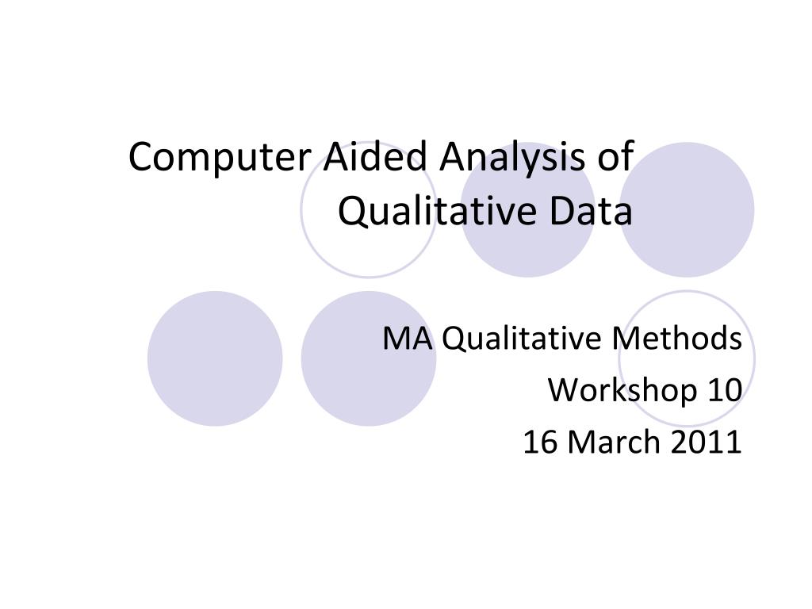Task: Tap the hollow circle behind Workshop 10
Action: pyautogui.click(x=687, y=317)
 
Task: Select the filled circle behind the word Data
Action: pyautogui.click(x=527, y=246)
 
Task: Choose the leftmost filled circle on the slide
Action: pyautogui.click(x=215, y=358)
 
